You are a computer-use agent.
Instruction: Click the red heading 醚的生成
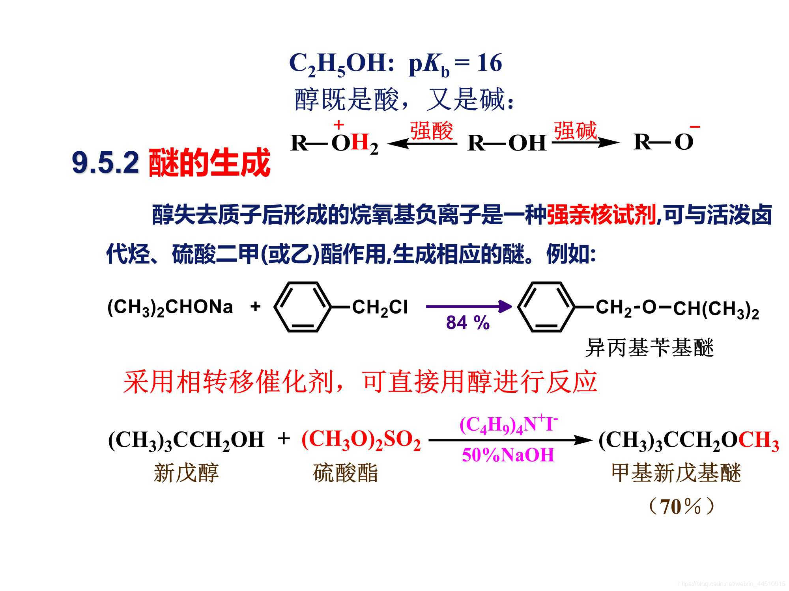(209, 163)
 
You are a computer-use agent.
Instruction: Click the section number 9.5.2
(105, 163)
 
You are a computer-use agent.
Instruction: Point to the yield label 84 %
(468, 323)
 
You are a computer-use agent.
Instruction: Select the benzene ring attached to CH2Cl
(302, 307)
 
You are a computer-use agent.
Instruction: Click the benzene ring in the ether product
(546, 307)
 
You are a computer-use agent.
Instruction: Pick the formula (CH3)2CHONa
(170, 308)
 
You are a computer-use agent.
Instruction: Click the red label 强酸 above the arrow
(431, 131)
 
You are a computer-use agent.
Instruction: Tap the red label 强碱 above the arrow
(575, 131)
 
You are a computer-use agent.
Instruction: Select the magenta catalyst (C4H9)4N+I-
(509, 425)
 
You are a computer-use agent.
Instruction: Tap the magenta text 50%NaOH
(508, 455)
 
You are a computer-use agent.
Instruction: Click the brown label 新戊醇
(186, 473)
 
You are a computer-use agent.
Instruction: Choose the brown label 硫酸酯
(346, 473)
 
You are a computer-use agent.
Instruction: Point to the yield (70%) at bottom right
(682, 507)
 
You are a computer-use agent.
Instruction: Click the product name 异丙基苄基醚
(649, 348)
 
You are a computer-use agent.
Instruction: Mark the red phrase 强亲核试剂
(601, 215)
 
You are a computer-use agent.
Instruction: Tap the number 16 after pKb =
(489, 63)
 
